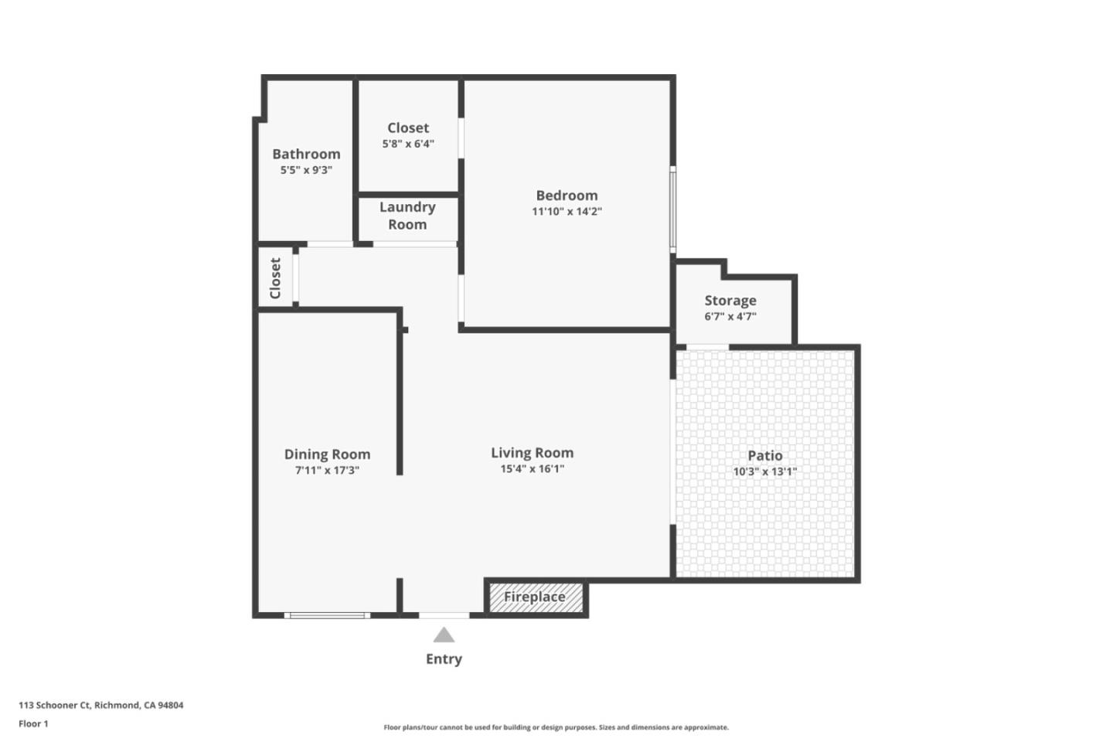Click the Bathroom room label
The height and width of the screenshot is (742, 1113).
point(306,154)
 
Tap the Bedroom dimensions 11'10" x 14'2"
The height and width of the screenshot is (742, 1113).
point(567,212)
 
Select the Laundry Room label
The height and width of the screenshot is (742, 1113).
point(407,216)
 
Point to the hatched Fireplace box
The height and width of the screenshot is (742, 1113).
point(534,597)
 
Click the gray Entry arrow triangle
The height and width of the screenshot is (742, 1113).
point(444,635)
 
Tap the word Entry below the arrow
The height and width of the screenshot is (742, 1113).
point(444,659)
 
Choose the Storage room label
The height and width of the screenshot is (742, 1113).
point(730,301)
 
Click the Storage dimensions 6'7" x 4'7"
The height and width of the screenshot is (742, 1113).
point(730,317)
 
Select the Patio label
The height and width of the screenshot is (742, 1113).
point(764,456)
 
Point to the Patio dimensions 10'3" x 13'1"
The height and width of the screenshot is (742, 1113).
point(764,471)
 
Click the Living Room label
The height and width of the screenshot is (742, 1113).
point(532,453)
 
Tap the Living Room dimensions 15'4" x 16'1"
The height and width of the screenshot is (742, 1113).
point(532,469)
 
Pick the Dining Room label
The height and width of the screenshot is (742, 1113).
point(327,454)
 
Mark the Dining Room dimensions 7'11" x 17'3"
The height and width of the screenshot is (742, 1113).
point(327,471)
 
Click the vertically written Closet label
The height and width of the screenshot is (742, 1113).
point(275,277)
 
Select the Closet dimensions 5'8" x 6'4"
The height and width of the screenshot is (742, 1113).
point(408,145)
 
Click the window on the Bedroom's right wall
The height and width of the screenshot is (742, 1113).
point(672,209)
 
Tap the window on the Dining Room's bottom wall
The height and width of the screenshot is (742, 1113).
point(327,615)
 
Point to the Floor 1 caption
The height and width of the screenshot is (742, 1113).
point(33,724)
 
